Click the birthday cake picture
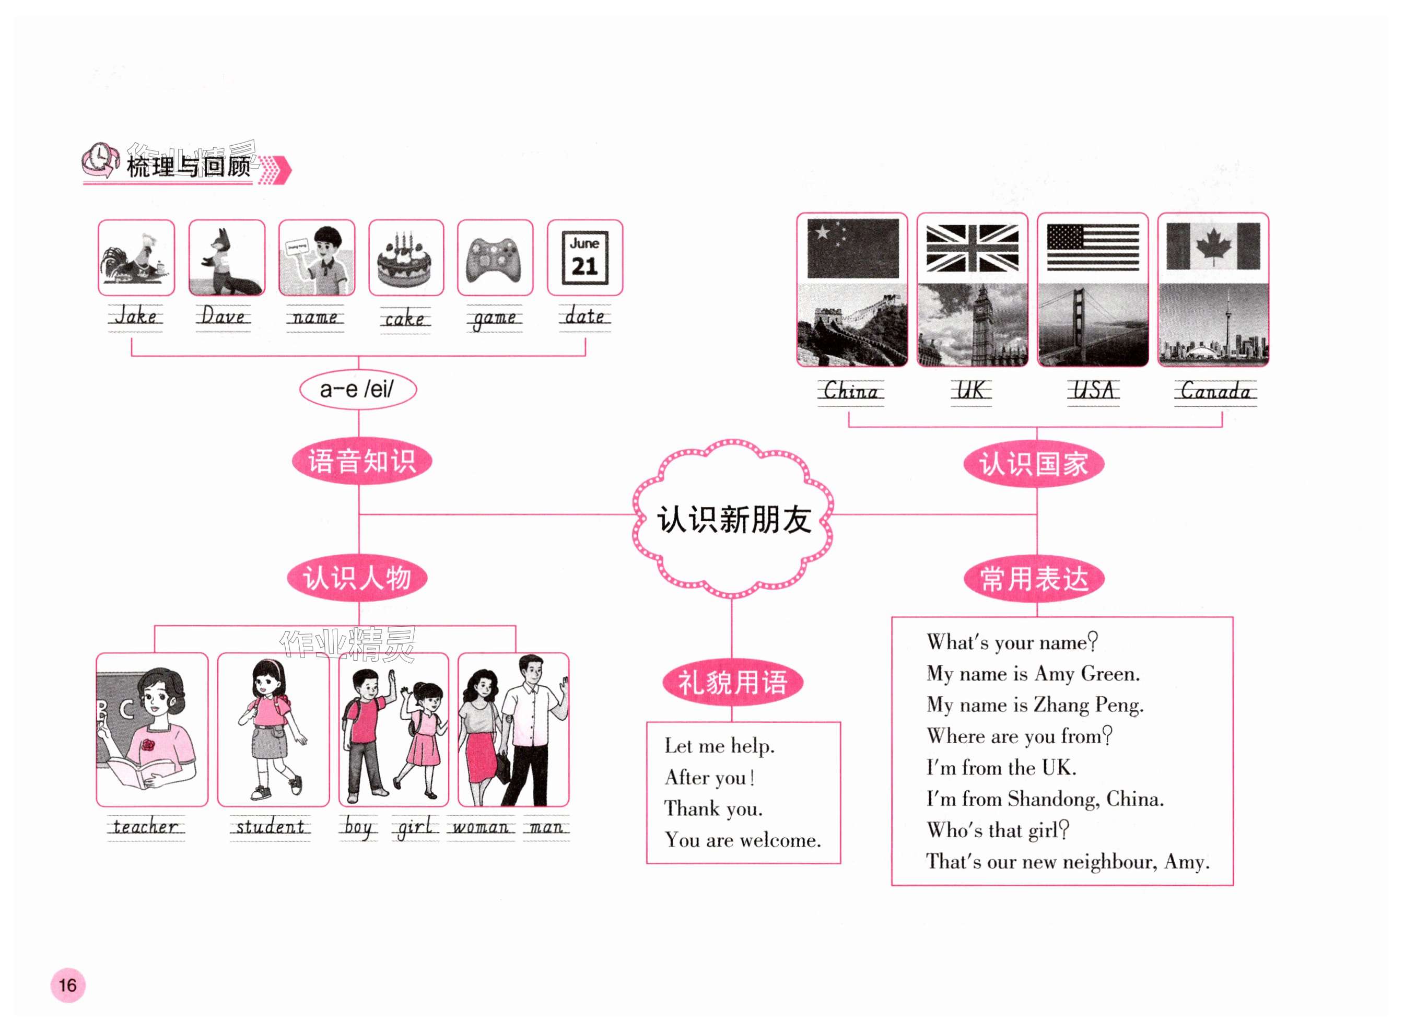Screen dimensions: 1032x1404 click(x=405, y=257)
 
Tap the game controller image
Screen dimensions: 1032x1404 click(x=495, y=257)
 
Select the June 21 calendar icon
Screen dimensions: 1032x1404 click(x=584, y=257)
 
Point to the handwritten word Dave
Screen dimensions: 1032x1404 click(x=223, y=316)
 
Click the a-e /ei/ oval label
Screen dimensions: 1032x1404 click(x=357, y=390)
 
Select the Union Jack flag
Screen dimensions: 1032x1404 click(x=972, y=248)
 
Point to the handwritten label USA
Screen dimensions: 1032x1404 click(x=1093, y=391)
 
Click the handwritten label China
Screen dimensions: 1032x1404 click(x=851, y=392)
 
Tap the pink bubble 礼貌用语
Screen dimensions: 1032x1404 click(x=732, y=682)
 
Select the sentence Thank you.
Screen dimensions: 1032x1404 click(x=713, y=809)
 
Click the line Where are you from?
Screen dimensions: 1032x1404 click(x=1019, y=736)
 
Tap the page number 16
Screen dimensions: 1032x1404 click(x=67, y=985)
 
